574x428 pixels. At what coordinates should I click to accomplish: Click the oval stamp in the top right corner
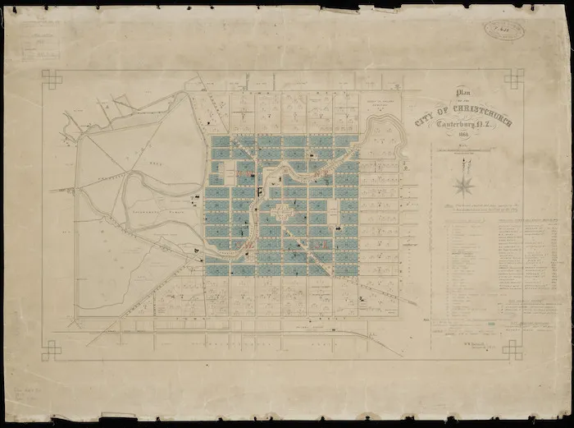[504, 30]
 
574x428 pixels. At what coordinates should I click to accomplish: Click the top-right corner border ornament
[514, 79]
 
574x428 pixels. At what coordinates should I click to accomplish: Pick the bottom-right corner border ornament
[513, 349]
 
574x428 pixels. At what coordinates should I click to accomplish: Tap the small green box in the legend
[491, 325]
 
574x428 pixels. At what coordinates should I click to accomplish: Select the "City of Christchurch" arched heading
[464, 113]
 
